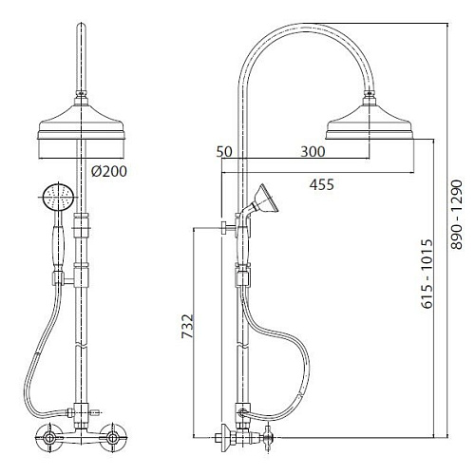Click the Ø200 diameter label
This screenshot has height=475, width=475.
click(109, 171)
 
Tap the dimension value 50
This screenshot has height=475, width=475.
click(224, 152)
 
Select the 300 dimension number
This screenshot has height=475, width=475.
click(313, 152)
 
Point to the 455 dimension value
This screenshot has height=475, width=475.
click(321, 184)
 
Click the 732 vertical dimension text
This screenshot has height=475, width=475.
click(187, 326)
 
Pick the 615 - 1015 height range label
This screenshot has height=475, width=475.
click(427, 274)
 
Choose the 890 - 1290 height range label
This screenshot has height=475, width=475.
click(457, 215)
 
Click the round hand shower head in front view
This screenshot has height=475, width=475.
click(58, 198)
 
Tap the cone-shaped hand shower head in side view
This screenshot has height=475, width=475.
click(265, 199)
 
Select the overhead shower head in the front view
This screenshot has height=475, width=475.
click(80, 123)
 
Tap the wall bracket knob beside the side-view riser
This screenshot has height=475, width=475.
click(225, 227)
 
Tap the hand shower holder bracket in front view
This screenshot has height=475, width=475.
click(63, 279)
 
